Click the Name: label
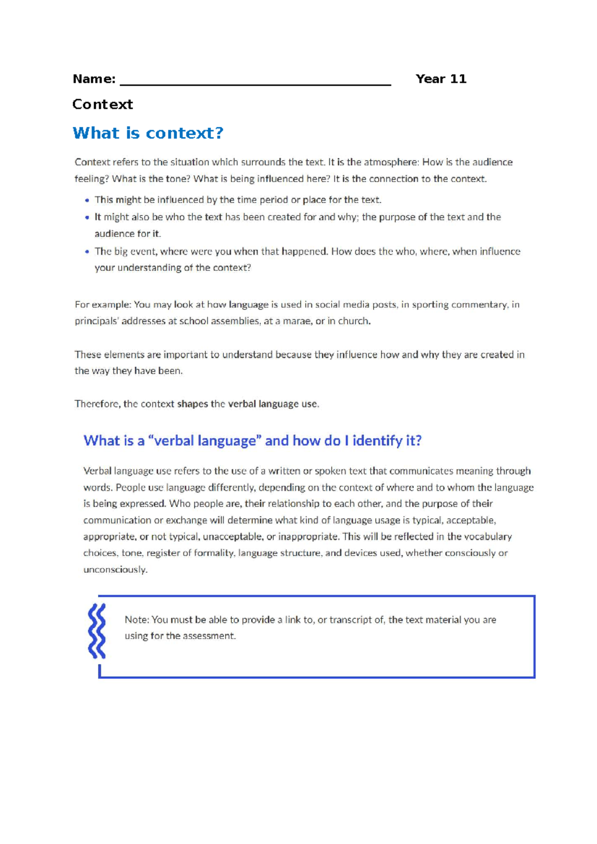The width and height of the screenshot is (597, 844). point(94,79)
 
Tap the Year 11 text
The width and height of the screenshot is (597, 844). point(441,79)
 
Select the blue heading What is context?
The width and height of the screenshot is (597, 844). point(148,133)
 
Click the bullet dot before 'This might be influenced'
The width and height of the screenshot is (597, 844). point(87,200)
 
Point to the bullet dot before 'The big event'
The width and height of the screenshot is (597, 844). point(87,252)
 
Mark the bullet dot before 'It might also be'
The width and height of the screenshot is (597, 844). point(87,217)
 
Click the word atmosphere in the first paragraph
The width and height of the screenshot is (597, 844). point(391,162)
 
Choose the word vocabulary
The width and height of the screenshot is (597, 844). point(489,536)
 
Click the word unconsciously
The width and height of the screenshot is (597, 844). point(115,570)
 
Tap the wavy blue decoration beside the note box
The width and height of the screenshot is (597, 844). point(97,631)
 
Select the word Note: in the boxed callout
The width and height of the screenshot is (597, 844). point(137,620)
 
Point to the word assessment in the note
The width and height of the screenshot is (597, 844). point(209,636)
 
